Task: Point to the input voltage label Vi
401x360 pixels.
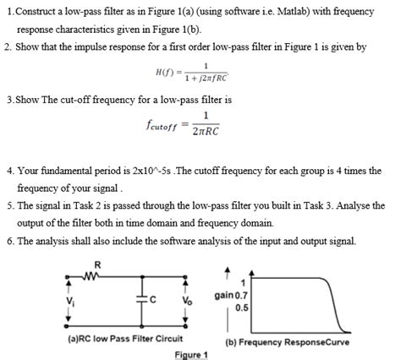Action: [70, 298]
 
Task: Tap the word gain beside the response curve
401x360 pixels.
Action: [226, 296]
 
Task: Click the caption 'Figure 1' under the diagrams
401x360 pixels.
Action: [190, 354]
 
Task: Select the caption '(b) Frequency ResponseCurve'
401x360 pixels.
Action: [287, 342]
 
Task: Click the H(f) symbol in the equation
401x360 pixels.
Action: [166, 71]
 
